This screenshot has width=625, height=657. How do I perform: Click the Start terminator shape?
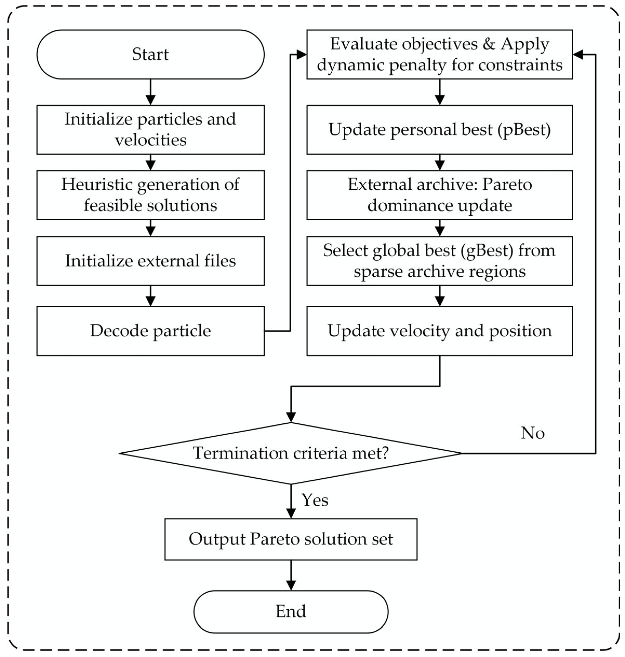click(150, 54)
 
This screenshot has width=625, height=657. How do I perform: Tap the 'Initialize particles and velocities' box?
click(150, 129)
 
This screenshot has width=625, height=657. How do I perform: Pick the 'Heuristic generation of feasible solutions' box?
click(150, 195)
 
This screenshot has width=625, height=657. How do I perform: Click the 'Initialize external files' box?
click(150, 261)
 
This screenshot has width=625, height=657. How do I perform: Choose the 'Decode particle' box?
click(150, 331)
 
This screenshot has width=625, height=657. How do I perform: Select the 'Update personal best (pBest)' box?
click(439, 129)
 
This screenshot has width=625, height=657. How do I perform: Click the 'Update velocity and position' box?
click(439, 331)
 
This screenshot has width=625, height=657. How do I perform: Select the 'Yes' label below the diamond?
click(315, 500)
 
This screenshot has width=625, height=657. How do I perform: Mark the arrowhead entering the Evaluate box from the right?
click(578, 55)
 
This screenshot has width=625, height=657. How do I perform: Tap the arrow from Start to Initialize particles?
click(151, 92)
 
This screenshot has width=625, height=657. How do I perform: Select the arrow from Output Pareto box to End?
click(291, 575)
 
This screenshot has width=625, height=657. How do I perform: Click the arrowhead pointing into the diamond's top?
click(291, 417)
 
